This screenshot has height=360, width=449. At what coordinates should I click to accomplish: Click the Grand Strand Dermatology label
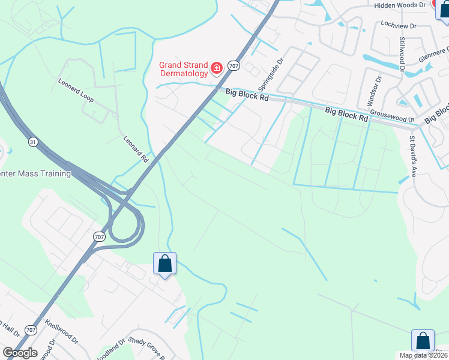click(x=183, y=69)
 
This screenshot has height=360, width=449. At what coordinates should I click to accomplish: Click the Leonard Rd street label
click(x=136, y=149)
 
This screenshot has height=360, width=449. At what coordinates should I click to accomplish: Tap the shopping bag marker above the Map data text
click(x=423, y=341)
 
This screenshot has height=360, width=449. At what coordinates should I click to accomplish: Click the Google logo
click(x=20, y=353)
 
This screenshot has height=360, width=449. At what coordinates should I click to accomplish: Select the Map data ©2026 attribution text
click(x=423, y=355)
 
